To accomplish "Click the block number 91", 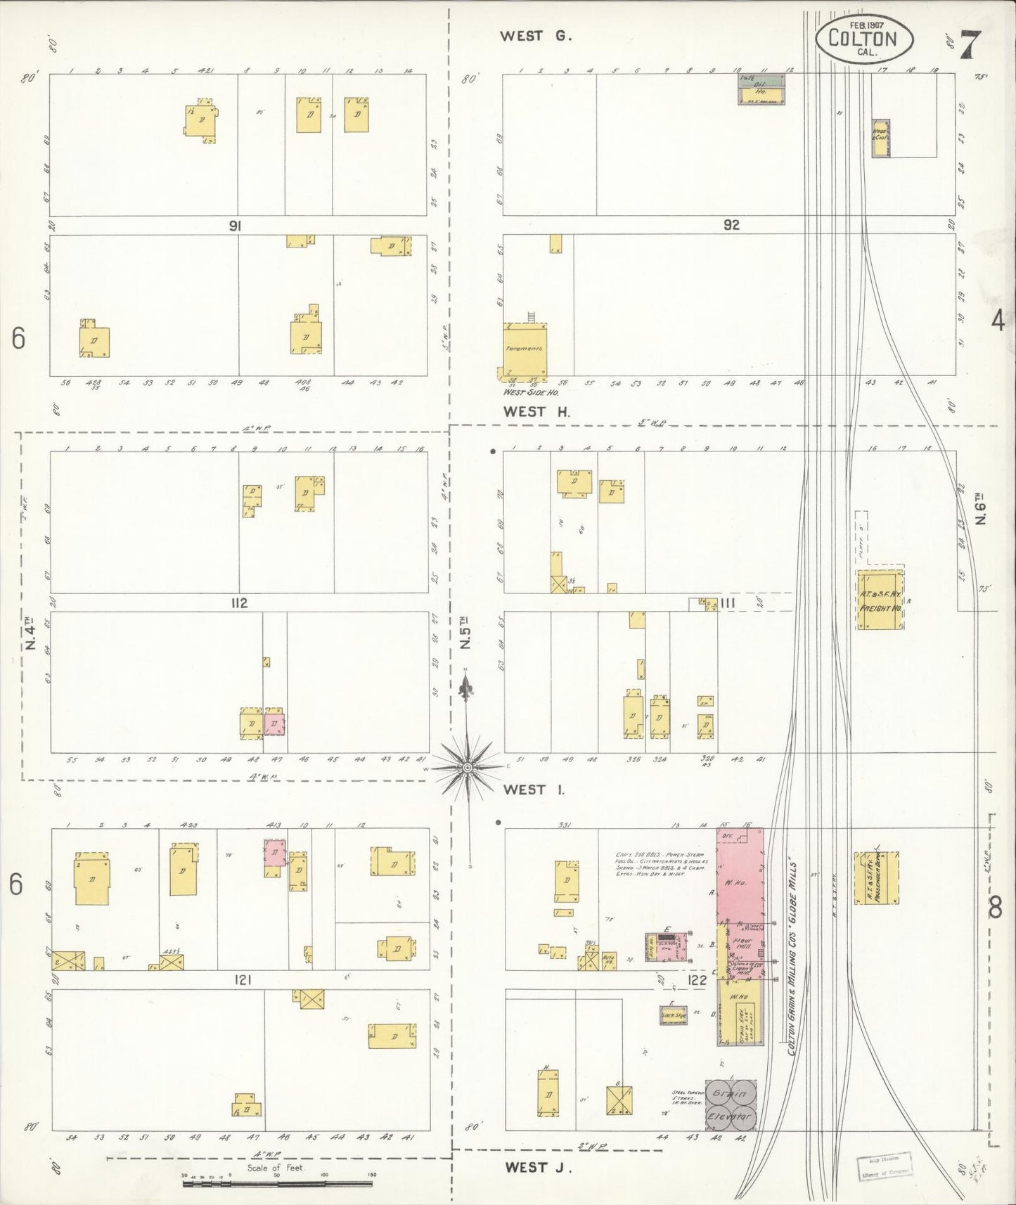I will pos(235,226).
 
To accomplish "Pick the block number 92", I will pos(731,226).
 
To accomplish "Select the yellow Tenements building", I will pos(524,349).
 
